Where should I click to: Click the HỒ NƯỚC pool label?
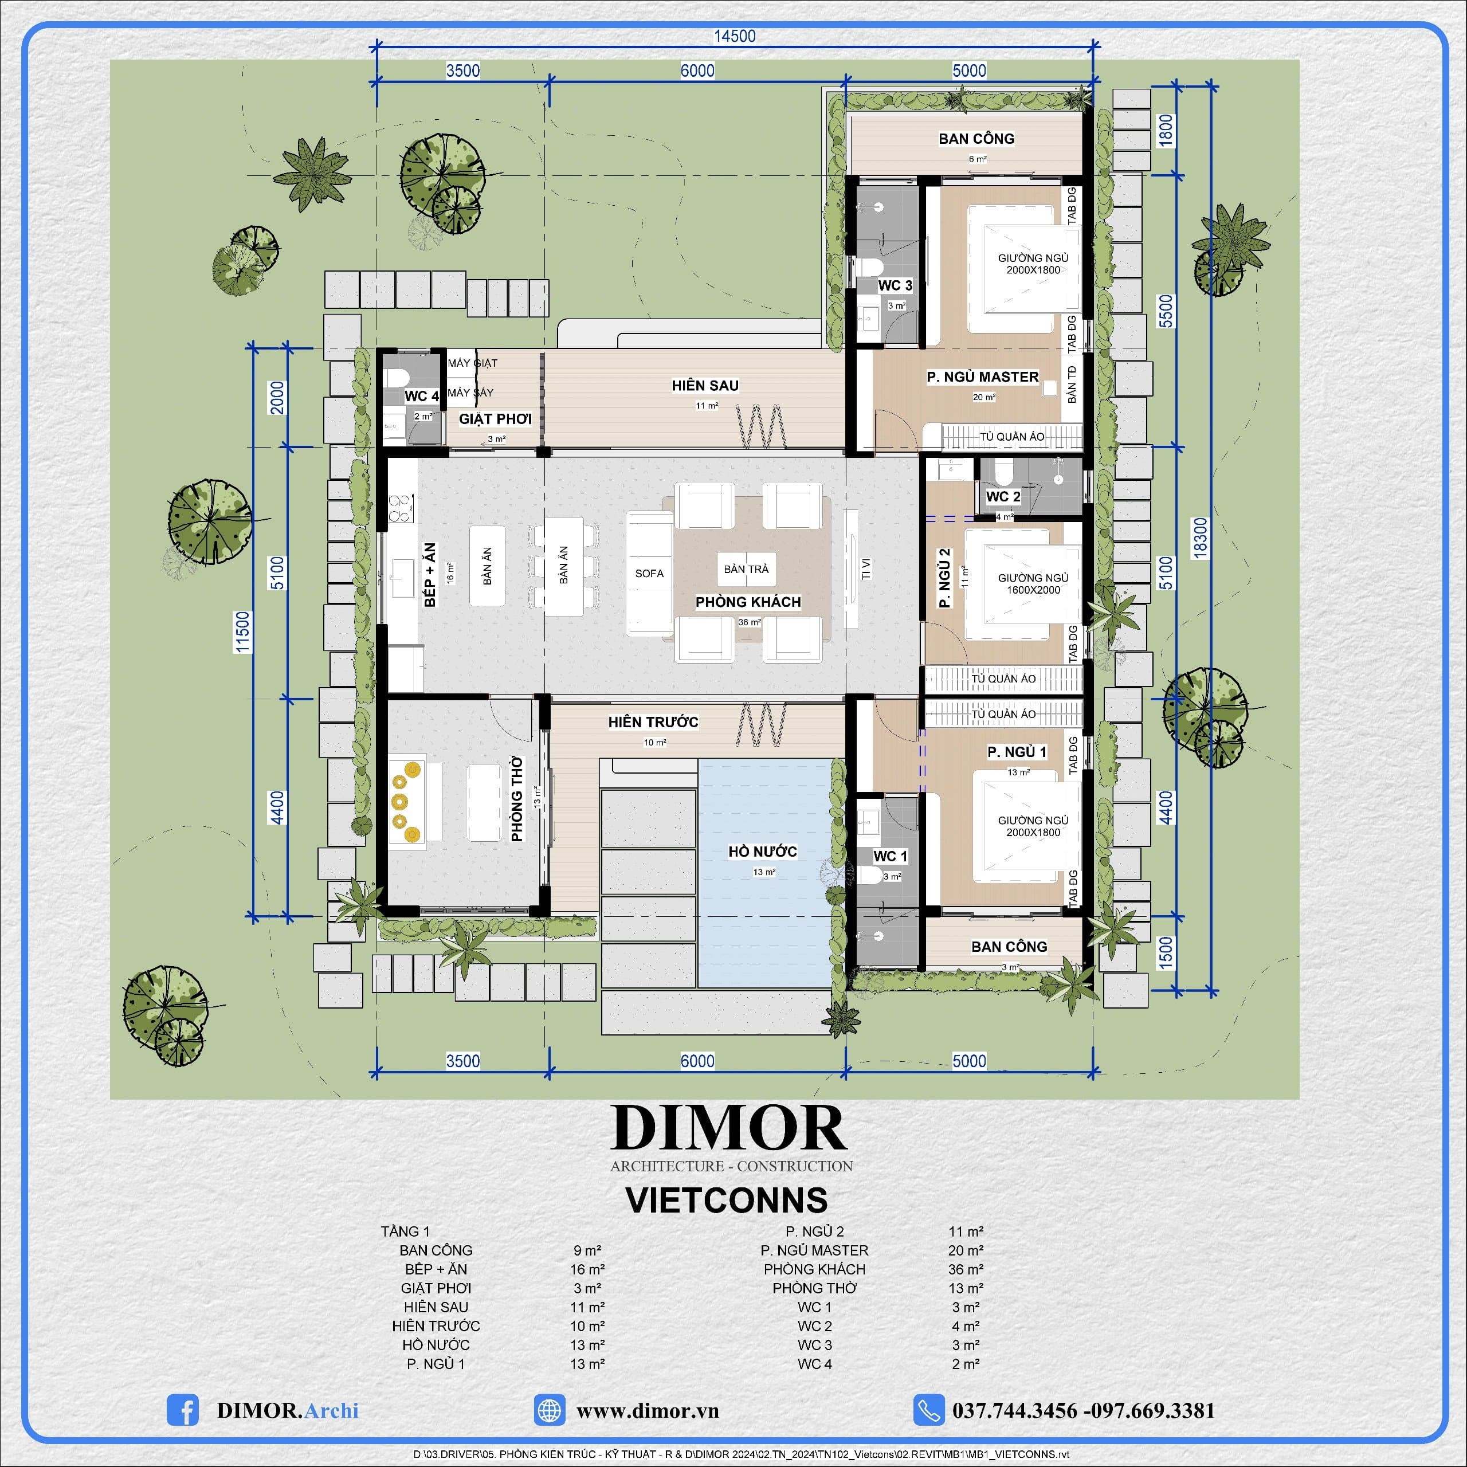[762, 851]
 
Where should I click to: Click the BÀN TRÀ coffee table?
[746, 568]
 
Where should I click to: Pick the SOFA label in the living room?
[649, 573]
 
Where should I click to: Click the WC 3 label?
[895, 285]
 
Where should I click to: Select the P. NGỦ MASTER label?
[983, 376]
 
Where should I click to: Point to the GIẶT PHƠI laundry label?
[495, 418]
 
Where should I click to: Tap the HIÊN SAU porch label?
[705, 386]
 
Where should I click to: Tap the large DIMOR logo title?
[729, 1128]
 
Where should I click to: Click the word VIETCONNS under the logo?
[727, 1200]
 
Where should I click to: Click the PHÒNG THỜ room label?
[517, 798]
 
